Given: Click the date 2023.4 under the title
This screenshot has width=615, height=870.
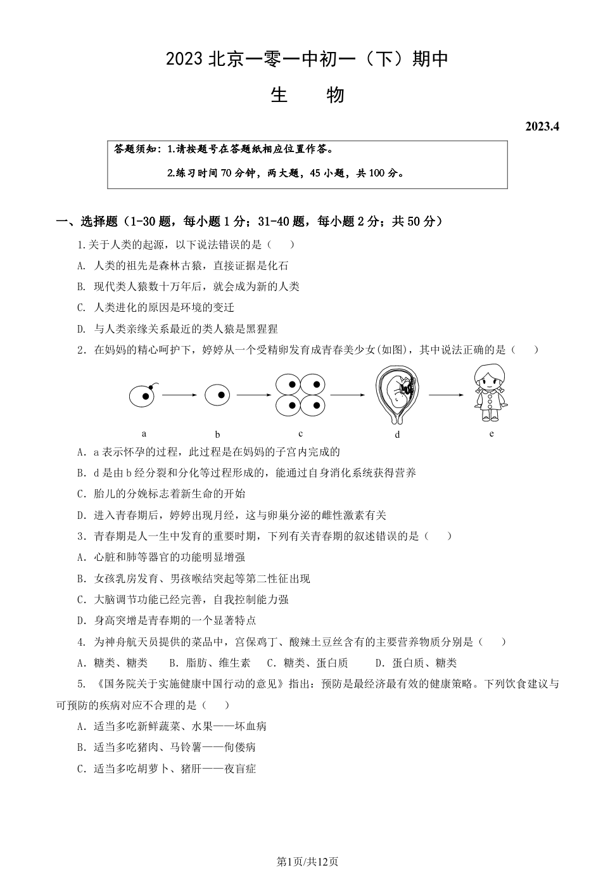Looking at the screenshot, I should pos(542,126).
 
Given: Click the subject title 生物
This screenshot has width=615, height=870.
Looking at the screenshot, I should pos(307,95).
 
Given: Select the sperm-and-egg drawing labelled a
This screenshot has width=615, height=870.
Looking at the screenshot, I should pos(143,395).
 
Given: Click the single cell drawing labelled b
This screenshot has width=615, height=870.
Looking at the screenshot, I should pos(217,395).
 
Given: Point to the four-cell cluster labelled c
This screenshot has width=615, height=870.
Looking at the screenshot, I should pos(300,394).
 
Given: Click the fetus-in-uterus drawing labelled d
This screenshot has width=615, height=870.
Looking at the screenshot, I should pos(397,394).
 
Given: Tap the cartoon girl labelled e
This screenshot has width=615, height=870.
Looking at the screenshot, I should pos(491,393).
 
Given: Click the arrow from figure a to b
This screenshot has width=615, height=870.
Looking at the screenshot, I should pos(180,395).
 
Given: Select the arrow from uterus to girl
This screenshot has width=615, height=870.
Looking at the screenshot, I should pos(446,395).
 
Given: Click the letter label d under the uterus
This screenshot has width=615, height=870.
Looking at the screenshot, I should pos(397,435).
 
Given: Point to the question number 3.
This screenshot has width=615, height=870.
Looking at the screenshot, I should pos(81,536).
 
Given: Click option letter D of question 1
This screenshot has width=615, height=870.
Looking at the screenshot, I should pos(81,329).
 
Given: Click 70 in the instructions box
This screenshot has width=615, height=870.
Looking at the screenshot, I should pos(226,173).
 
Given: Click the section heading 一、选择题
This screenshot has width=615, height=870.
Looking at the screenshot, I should pos(87,221).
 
